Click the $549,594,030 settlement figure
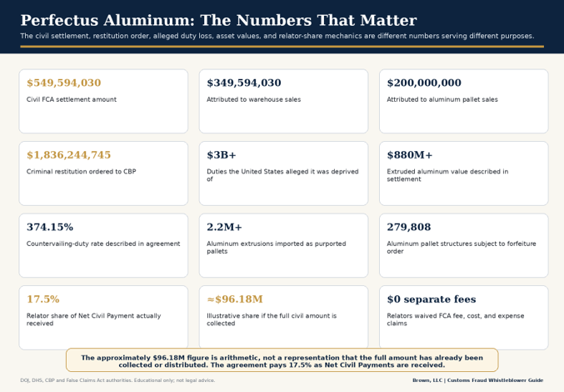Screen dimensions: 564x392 pyautogui.click(x=63, y=83)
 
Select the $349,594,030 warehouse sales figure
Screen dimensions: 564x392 pyautogui.click(x=244, y=83)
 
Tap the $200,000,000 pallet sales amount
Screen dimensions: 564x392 pyautogui.click(x=424, y=83)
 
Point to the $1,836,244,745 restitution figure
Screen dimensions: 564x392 pyautogui.click(x=68, y=155)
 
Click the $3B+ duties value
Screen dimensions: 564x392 pyautogui.click(x=222, y=155)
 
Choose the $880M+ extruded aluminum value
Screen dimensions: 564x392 pyautogui.click(x=410, y=155)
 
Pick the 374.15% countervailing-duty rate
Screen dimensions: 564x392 pyautogui.click(x=50, y=227)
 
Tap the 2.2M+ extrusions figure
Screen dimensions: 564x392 pyautogui.click(x=224, y=227)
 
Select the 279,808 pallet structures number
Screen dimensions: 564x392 pyautogui.click(x=408, y=227)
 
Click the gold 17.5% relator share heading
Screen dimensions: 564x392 pyautogui.click(x=43, y=299)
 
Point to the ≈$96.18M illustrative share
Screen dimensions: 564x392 pyautogui.click(x=235, y=299)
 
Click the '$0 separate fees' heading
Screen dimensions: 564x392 pyautogui.click(x=432, y=299)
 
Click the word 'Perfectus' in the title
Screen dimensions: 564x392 pyautogui.click(x=59, y=20)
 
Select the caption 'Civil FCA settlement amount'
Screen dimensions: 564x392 pyautogui.click(x=72, y=99)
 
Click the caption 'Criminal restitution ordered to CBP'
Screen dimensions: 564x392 pyautogui.click(x=82, y=171)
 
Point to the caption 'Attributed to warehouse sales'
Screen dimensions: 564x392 pyautogui.click(x=253, y=99)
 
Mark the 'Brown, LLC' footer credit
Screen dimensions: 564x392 pyautogui.click(x=427, y=380)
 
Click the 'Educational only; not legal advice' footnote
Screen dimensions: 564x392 pyautogui.click(x=174, y=380)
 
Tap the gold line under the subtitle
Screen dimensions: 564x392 pyautogui.click(x=282, y=47)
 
